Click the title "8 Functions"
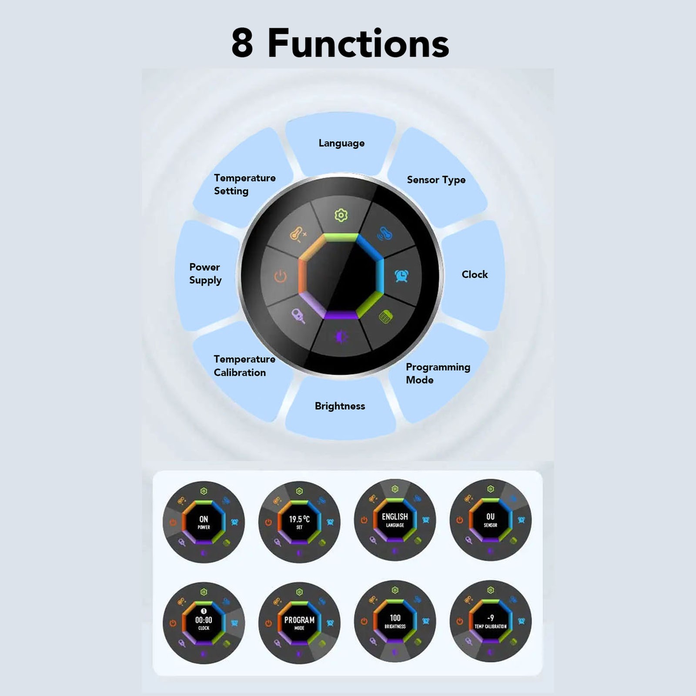[x=340, y=43]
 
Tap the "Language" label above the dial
[x=341, y=143]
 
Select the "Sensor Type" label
[x=436, y=180]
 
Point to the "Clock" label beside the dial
[x=475, y=274]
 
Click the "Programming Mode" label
[x=438, y=373]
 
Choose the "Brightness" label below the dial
[x=340, y=406]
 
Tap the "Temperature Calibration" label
[x=244, y=366]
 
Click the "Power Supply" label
[x=205, y=274]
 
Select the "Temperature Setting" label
[x=244, y=184]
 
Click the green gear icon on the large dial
[x=341, y=215]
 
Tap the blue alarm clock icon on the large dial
[x=401, y=275]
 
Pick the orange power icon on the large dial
[x=281, y=276]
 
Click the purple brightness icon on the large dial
[x=341, y=336]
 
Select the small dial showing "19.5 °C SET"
[x=299, y=522]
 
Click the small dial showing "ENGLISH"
[x=395, y=520]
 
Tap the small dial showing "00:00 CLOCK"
[x=204, y=623]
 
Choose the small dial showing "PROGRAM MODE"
[x=299, y=623]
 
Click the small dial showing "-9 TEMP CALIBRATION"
[x=490, y=621]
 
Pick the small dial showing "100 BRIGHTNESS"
[x=395, y=621]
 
